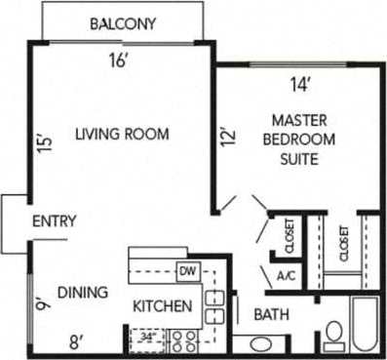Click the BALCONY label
click(x=124, y=24)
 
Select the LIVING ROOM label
click(x=123, y=134)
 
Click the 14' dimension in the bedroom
click(x=300, y=85)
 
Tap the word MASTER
click(x=298, y=121)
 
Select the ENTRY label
click(x=55, y=221)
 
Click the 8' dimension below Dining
click(x=76, y=342)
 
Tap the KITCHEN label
click(x=162, y=306)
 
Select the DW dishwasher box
click(x=187, y=270)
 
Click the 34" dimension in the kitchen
click(x=147, y=339)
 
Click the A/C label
click(x=287, y=277)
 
